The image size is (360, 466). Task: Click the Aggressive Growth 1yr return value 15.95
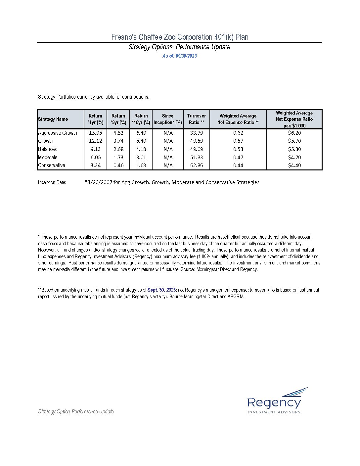[x=95, y=133]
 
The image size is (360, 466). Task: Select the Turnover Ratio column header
[x=197, y=119]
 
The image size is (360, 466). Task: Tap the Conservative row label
[x=52, y=165]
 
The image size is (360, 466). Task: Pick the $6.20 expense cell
[x=294, y=133]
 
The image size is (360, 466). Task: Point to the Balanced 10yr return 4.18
[x=141, y=149]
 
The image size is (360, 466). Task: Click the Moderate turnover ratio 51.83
[x=197, y=157]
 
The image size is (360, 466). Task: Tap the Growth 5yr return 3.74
[x=118, y=141]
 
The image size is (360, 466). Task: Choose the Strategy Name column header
[x=53, y=119]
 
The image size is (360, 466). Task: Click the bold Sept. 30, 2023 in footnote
[x=161, y=290]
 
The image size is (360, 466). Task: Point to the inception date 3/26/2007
[x=98, y=182]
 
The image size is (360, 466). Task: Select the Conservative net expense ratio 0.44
[x=238, y=165]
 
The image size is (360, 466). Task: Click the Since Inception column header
[x=168, y=119]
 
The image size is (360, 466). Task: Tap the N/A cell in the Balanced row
[x=168, y=149]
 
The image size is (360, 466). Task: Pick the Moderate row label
[x=48, y=157]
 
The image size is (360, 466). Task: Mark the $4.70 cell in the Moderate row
[x=294, y=157]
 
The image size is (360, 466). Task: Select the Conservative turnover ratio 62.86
[x=197, y=165]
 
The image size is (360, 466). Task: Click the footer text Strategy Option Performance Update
[x=76, y=411]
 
